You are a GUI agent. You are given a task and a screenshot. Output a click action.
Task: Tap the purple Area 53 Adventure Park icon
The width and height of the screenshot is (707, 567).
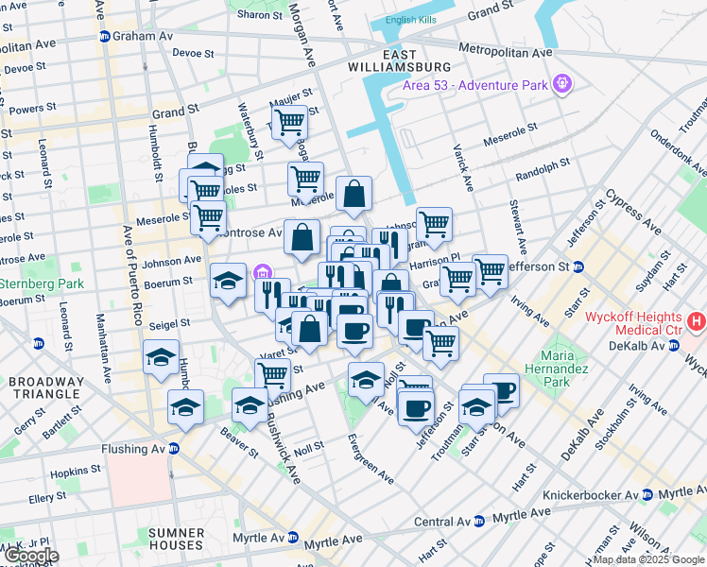pos(563,85)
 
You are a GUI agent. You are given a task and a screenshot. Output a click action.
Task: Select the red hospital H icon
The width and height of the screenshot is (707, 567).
pos(697,322)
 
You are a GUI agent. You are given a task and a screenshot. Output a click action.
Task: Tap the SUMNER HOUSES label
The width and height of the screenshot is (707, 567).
pos(176,539)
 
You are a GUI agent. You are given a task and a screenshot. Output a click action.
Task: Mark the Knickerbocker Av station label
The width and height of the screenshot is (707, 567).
pos(591,494)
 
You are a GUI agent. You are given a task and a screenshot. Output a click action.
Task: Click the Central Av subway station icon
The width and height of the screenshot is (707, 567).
pos(479,521)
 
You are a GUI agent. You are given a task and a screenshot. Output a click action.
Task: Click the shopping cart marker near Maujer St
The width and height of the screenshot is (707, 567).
pos(289,122)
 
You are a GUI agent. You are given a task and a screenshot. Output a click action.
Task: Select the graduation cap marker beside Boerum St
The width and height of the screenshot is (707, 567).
pos(228,281)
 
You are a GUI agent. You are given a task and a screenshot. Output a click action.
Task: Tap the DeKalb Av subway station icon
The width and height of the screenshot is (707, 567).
pos(673,347)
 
